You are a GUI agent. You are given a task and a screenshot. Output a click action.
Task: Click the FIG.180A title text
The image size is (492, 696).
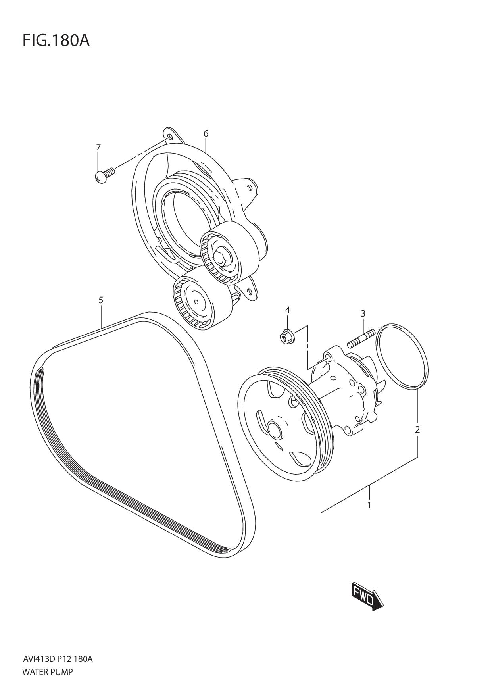[x=56, y=40]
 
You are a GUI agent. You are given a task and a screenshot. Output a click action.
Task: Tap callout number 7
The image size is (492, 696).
[x=98, y=147]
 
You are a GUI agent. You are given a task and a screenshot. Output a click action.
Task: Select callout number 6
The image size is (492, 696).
[x=206, y=134]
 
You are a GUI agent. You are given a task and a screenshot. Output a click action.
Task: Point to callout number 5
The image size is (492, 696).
[x=101, y=300]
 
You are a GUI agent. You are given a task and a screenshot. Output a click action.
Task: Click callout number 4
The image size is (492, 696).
[x=288, y=310]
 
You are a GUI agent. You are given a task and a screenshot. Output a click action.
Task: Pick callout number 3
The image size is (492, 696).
[x=363, y=313]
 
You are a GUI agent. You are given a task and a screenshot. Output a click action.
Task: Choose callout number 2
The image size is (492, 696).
[x=417, y=429]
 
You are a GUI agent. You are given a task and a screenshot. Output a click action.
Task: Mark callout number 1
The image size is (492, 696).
[x=369, y=505]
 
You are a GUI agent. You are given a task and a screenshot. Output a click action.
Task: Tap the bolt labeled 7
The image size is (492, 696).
[x=104, y=175]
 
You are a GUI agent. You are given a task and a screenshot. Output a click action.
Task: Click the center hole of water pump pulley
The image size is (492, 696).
[x=273, y=429]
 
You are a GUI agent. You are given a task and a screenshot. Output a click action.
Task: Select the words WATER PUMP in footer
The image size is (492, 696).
[x=48, y=672]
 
